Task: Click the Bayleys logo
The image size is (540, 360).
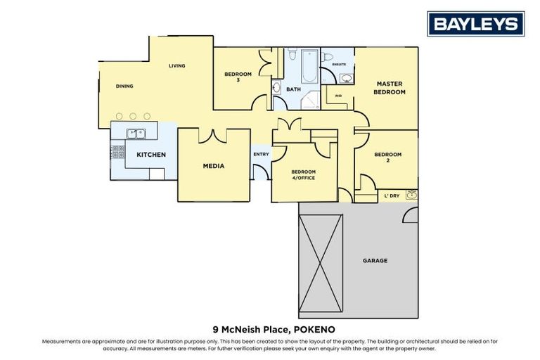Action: click(476, 24)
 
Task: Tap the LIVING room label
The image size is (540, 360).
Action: click(176, 66)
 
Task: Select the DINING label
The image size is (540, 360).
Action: click(124, 86)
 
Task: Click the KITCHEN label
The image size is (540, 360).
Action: click(151, 154)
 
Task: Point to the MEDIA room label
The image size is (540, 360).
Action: click(213, 166)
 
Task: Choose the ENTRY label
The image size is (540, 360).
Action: click(260, 155)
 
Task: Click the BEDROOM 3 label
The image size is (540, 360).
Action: click(238, 77)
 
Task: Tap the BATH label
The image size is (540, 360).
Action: click(293, 89)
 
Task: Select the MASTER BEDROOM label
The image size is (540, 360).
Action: click(389, 88)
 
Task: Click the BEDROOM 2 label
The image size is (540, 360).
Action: click(387, 157)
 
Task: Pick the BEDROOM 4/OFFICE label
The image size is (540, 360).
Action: click(304, 174)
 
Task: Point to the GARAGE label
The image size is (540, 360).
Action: click(375, 261)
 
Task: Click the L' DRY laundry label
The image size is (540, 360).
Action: click(390, 195)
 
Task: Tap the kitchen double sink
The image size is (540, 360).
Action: click(136, 132)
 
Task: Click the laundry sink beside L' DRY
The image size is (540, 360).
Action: click(411, 195)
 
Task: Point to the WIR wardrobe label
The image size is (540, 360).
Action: click(338, 96)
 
